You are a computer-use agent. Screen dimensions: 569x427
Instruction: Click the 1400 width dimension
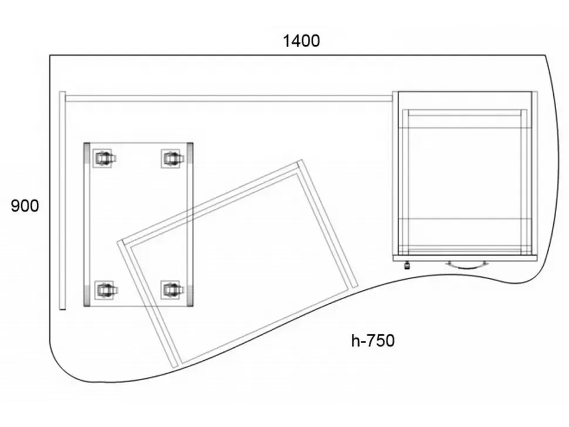(x=301, y=40)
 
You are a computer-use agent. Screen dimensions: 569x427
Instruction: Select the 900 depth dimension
(x=25, y=206)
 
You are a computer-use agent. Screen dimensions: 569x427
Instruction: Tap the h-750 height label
(x=372, y=341)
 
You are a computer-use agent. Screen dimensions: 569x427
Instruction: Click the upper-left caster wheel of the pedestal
(x=104, y=158)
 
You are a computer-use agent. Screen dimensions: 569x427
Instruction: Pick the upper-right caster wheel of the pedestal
(x=171, y=158)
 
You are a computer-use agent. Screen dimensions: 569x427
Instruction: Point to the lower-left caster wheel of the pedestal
(x=105, y=290)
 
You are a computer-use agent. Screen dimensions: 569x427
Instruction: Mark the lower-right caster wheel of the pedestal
(x=171, y=290)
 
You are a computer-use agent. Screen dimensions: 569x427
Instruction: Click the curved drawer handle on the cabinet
(x=467, y=265)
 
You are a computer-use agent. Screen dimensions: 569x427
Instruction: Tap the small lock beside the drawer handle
(x=407, y=265)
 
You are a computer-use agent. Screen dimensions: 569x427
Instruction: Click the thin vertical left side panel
(x=62, y=201)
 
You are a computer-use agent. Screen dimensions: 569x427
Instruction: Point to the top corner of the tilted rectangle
(x=300, y=160)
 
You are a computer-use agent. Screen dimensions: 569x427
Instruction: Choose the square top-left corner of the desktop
(x=50, y=56)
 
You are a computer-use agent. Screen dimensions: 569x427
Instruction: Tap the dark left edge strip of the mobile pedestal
(x=87, y=224)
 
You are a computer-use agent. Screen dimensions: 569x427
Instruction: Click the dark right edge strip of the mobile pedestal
(x=190, y=224)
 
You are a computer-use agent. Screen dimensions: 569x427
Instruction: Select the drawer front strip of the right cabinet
(x=465, y=258)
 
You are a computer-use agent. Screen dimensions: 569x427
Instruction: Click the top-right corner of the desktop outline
(x=545, y=56)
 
